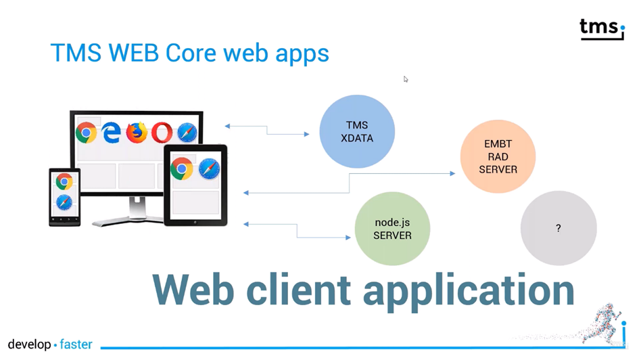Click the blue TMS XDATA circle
(x=357, y=131)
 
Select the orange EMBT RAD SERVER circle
(x=498, y=157)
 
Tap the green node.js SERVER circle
(x=392, y=229)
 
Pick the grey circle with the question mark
(x=559, y=228)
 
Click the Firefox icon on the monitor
(x=137, y=133)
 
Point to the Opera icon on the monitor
(x=162, y=133)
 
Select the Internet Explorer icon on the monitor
(x=111, y=133)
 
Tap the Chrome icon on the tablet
(x=182, y=168)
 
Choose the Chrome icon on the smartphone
(x=64, y=181)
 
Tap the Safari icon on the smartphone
(x=64, y=202)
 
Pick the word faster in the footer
(x=76, y=344)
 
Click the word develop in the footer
(x=30, y=344)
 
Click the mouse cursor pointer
(x=406, y=79)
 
